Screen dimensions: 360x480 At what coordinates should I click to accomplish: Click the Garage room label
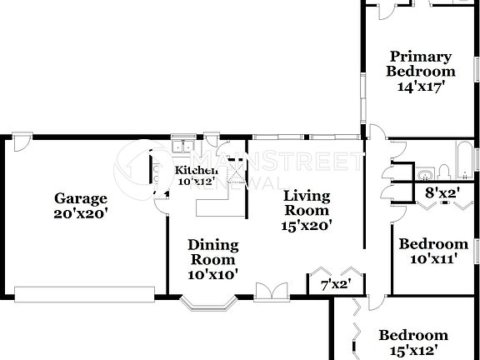coord(81,198)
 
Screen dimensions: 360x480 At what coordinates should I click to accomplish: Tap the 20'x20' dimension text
coord(81,212)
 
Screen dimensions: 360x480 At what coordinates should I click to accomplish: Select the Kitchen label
coord(196,170)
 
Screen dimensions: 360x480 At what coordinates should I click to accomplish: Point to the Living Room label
coord(307,203)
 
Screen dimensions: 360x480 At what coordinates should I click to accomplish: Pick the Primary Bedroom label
coord(420,64)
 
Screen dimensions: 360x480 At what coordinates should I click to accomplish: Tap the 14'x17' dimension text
coord(420,85)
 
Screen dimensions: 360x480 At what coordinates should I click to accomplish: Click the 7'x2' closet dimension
coord(335,284)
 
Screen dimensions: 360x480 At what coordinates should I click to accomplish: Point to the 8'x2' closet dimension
coord(443,192)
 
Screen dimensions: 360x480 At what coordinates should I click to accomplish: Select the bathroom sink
coord(425,173)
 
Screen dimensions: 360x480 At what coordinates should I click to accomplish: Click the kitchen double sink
coord(180,149)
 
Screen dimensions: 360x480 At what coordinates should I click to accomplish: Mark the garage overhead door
coord(84,294)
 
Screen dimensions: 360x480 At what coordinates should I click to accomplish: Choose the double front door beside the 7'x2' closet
coord(265,291)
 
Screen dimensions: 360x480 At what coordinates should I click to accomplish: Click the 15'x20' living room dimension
coord(307,224)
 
